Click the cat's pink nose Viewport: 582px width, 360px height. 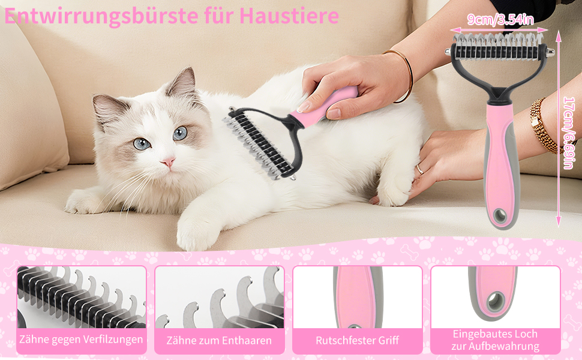coord(168,161)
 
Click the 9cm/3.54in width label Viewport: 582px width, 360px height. coord(500,20)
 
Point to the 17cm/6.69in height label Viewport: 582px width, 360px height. coord(569,133)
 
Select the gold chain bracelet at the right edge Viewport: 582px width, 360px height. coord(542,126)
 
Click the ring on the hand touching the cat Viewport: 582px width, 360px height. coord(420,170)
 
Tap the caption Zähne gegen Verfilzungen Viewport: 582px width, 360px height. coord(81,339)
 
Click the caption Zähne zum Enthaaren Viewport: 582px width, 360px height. coord(219,340)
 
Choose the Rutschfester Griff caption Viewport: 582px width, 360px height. coord(357,340)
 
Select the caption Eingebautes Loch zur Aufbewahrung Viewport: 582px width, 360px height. coord(495,340)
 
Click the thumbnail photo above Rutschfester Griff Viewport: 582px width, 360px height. coord(358,297)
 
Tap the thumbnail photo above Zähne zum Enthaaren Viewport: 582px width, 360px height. coord(220,297)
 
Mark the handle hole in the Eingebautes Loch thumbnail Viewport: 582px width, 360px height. coord(496,301)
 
